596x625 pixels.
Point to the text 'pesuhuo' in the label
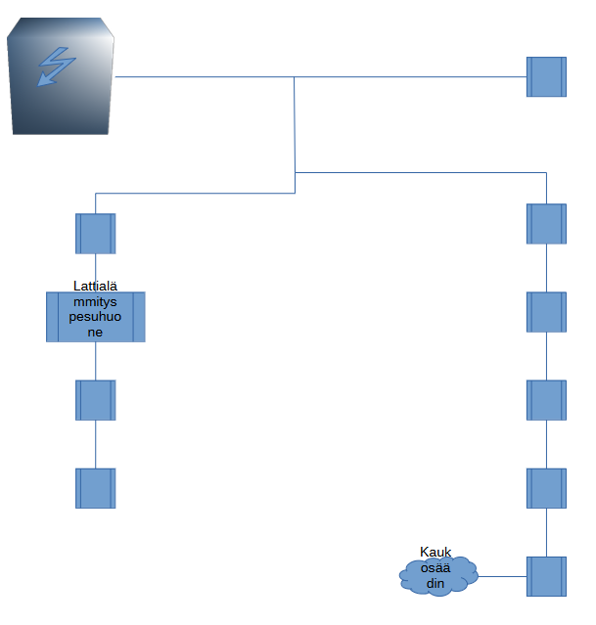(95, 318)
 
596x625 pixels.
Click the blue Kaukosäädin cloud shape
(438, 574)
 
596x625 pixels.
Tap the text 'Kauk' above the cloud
(436, 552)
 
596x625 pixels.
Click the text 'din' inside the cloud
(436, 584)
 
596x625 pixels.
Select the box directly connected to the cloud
(546, 576)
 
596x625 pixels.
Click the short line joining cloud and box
(501, 576)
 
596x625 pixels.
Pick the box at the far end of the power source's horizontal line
(546, 76)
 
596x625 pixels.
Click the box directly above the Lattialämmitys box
(95, 234)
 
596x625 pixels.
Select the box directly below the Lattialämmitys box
(95, 400)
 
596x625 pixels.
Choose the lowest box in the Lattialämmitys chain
(95, 488)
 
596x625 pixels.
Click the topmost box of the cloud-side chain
(546, 224)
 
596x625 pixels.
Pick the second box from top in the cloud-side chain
(546, 312)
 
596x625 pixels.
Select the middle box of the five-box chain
(546, 400)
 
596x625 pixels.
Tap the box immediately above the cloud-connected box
(546, 488)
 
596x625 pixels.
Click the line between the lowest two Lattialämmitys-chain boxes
(95, 444)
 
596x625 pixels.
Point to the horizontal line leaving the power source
(206, 76)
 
